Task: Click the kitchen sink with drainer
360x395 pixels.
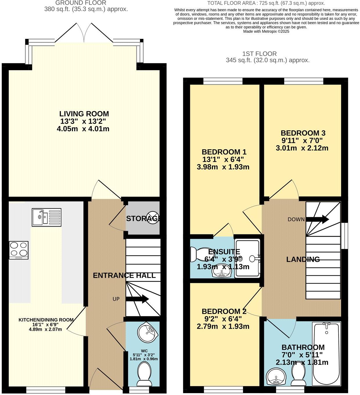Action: [46, 217]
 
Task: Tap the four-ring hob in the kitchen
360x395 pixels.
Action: [19, 250]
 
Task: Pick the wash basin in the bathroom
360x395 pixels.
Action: [276, 376]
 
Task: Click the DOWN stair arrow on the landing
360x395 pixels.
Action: [317, 219]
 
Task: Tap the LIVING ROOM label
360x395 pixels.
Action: [84, 114]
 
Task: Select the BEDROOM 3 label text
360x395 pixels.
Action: [303, 133]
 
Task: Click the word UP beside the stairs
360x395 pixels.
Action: [116, 299]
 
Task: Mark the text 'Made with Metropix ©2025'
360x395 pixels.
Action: [266, 31]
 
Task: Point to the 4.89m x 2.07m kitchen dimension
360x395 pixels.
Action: [45, 329]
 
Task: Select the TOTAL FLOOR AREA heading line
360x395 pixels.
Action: [266, 3]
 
